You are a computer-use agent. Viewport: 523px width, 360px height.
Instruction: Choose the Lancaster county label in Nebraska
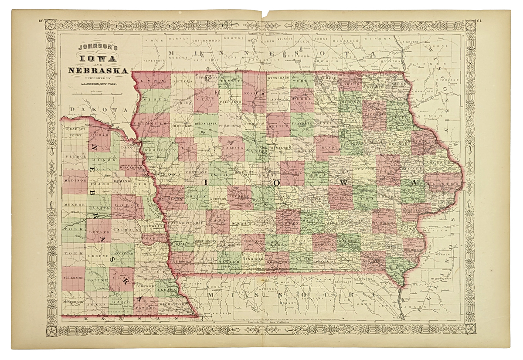(x=124, y=254)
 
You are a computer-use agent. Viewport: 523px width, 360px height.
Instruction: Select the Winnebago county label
(x=278, y=78)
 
